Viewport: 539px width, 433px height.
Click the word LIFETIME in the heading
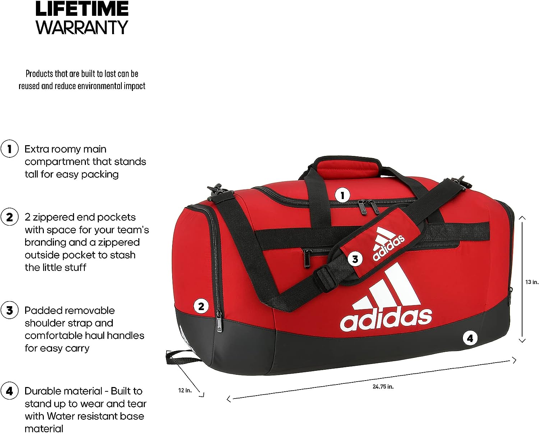(82, 9)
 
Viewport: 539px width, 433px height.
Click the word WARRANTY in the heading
(82, 27)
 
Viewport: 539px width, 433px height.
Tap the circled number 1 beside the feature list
(9, 149)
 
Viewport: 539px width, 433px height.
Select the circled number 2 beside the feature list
(9, 217)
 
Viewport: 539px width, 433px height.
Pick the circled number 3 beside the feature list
(9, 310)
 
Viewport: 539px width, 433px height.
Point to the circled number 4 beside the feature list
(9, 391)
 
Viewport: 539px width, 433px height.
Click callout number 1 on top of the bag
(342, 195)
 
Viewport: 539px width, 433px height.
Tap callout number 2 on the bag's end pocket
(201, 306)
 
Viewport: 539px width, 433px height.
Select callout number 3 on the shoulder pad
(355, 259)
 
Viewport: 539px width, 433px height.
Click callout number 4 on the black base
(470, 338)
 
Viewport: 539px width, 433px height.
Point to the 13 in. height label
(532, 282)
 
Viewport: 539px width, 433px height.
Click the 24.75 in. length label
(383, 387)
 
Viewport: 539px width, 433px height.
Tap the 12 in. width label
(185, 390)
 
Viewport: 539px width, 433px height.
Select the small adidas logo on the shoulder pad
(388, 244)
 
